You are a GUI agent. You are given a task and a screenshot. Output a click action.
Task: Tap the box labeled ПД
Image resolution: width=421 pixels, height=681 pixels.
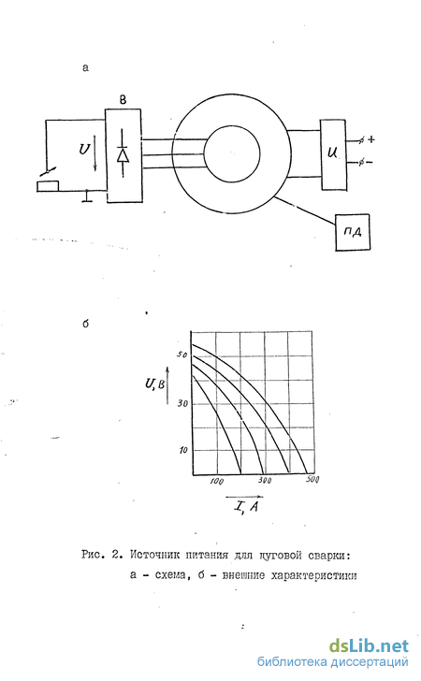coord(353,232)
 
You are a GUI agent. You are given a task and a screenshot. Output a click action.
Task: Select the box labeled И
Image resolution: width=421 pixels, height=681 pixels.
coord(334,154)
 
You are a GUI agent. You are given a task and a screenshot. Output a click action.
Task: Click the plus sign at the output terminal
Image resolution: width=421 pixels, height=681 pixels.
coord(371,140)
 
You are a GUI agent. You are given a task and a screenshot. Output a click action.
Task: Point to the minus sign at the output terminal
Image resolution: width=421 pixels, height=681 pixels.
coord(369,163)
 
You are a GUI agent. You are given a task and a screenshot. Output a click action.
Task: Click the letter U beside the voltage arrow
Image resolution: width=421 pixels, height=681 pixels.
coord(84,150)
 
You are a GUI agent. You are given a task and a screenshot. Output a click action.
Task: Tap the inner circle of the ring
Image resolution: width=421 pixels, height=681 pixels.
coord(232,153)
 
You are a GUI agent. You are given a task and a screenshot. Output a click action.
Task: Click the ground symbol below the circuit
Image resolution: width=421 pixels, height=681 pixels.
coord(87,196)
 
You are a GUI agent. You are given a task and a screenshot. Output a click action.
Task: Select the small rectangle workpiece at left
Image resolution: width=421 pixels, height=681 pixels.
coord(48,186)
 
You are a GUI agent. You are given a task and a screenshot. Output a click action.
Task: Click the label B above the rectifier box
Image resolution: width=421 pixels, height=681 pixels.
coord(123,100)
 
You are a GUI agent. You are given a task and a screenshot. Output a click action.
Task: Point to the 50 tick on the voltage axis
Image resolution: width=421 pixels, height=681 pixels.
coord(181,355)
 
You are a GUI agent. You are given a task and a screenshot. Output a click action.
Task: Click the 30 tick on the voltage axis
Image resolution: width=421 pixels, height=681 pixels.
coord(182,404)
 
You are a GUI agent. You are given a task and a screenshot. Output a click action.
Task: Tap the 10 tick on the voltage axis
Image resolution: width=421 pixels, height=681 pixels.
coord(183,450)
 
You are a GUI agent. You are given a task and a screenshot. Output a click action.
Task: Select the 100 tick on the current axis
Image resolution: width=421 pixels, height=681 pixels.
coord(216,481)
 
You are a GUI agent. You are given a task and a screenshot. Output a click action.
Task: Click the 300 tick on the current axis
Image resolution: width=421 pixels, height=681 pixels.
coord(265,481)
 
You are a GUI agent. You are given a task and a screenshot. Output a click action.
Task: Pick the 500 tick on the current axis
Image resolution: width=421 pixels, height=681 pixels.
coord(312,480)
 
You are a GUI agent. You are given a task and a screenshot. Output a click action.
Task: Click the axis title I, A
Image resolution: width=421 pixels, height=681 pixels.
coord(245,506)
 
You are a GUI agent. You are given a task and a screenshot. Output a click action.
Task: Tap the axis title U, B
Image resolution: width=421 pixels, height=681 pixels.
coord(154,384)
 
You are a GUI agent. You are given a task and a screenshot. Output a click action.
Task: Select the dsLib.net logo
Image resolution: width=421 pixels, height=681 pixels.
coord(369,645)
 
